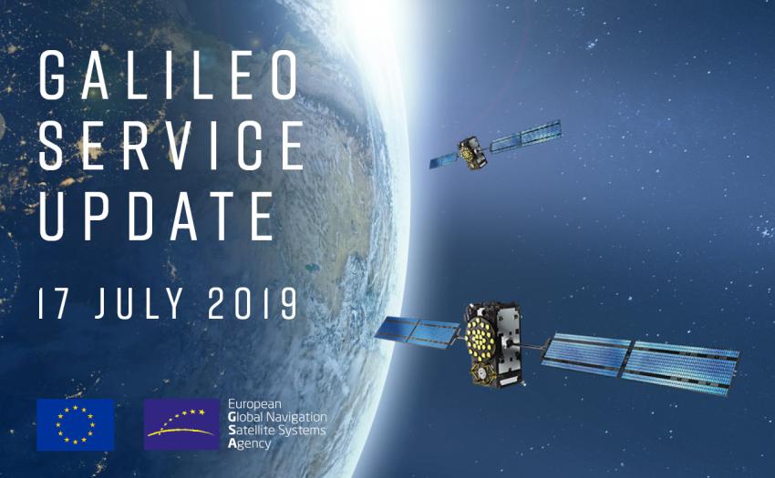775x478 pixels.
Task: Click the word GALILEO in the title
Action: [x=169, y=76]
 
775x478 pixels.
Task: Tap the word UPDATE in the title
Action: [x=157, y=216]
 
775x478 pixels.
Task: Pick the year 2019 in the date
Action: [x=252, y=302]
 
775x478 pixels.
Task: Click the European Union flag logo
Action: [x=76, y=423]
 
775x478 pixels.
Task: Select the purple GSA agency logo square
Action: [x=181, y=423]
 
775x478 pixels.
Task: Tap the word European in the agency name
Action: [x=254, y=403]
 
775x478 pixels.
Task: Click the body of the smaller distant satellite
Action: [x=472, y=151]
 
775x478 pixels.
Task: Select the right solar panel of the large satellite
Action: [x=638, y=358]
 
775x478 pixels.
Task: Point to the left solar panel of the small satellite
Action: [x=444, y=159]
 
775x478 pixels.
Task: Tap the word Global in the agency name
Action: [x=247, y=416]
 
